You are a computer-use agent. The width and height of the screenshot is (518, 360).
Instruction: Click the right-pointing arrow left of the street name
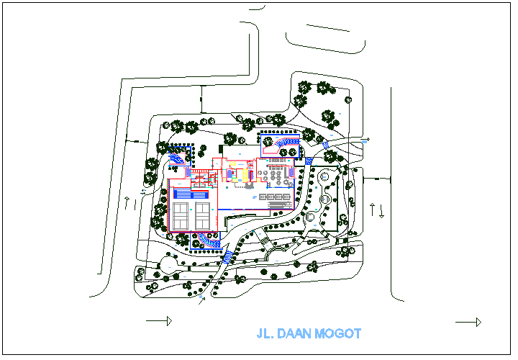[x=159, y=320]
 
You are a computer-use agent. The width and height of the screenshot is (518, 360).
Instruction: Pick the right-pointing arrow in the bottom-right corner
[x=468, y=322]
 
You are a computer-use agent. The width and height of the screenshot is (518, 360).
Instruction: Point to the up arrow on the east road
[x=372, y=210]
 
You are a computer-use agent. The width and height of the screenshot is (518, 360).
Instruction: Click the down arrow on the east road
[x=382, y=212]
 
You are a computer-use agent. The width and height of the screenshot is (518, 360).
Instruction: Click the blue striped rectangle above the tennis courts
[x=192, y=194]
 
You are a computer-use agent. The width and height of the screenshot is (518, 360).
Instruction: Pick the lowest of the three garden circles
[x=310, y=216]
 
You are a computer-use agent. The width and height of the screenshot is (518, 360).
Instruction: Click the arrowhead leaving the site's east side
[x=367, y=139]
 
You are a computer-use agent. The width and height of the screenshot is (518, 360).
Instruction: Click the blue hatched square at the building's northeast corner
[x=309, y=162]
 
